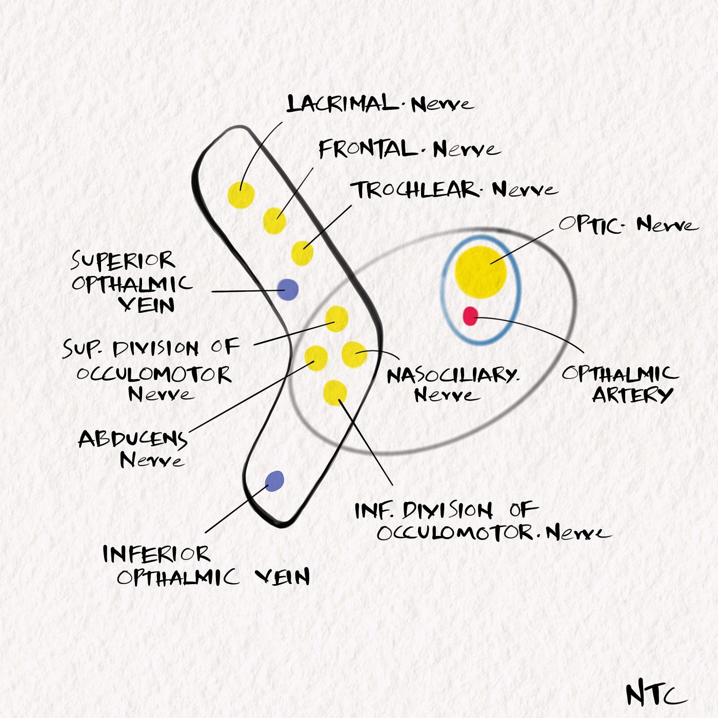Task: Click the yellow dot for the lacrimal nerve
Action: tap(241, 195)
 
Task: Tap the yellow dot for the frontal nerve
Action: tap(274, 221)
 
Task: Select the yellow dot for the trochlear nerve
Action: tap(302, 253)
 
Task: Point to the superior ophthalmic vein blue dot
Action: tap(288, 289)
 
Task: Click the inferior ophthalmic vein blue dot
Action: tap(275, 481)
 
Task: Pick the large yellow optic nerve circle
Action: tap(481, 272)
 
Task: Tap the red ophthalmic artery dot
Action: tap(470, 316)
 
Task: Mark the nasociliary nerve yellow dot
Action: tap(354, 354)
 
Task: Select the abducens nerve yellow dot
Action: tap(316, 357)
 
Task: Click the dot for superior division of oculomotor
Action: tap(337, 318)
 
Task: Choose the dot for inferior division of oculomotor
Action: tap(335, 392)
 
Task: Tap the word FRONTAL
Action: tap(368, 149)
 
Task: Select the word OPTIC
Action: tap(590, 225)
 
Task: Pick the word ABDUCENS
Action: tap(133, 439)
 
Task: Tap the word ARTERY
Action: tap(632, 395)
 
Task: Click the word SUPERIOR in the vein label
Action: tap(123, 261)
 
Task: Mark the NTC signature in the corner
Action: tap(655, 695)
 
